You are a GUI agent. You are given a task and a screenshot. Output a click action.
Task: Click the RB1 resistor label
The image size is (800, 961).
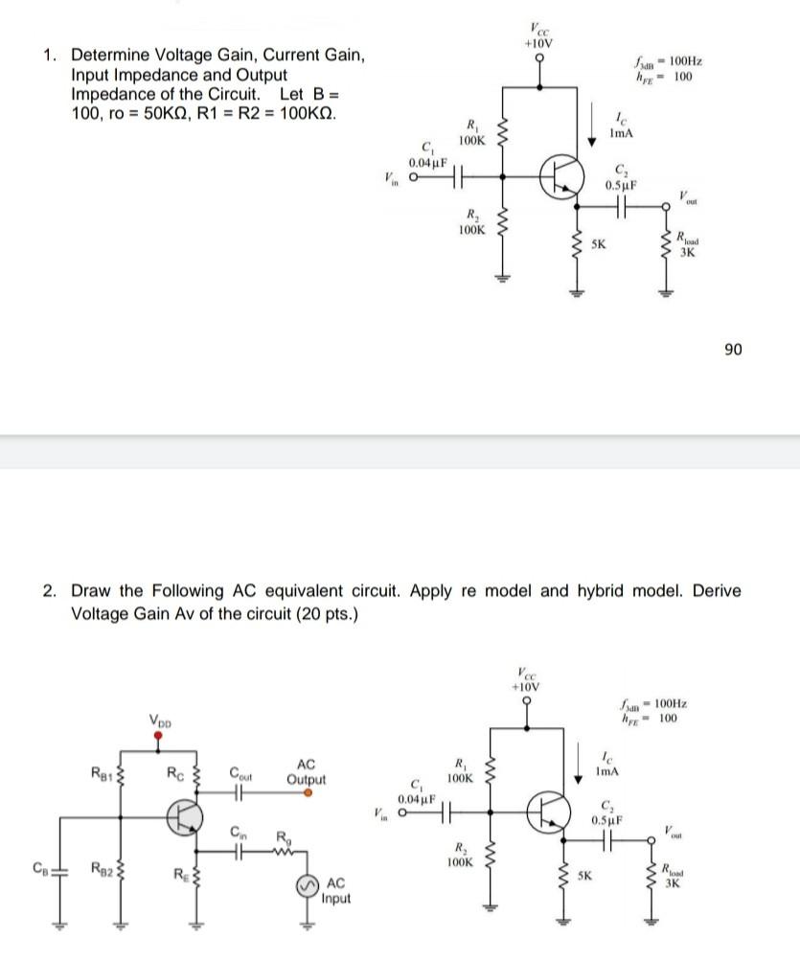click(99, 773)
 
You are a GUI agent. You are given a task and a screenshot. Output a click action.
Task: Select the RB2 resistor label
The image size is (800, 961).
click(101, 869)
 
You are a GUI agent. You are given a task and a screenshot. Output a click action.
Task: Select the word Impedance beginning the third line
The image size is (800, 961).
click(113, 94)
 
